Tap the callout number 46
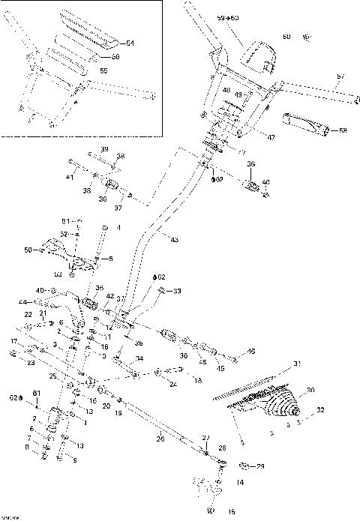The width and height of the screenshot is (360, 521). (x=250, y=351)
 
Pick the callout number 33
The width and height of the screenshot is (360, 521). (x=178, y=291)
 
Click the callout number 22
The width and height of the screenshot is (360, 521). (x=27, y=314)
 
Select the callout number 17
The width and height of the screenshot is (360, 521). (x=13, y=341)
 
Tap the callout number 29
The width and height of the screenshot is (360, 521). (x=260, y=466)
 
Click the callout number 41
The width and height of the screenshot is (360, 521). (x=68, y=177)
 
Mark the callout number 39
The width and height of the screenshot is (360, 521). (x=104, y=149)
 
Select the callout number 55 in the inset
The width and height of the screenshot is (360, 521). (x=104, y=70)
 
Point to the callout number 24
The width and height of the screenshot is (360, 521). (x=174, y=383)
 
